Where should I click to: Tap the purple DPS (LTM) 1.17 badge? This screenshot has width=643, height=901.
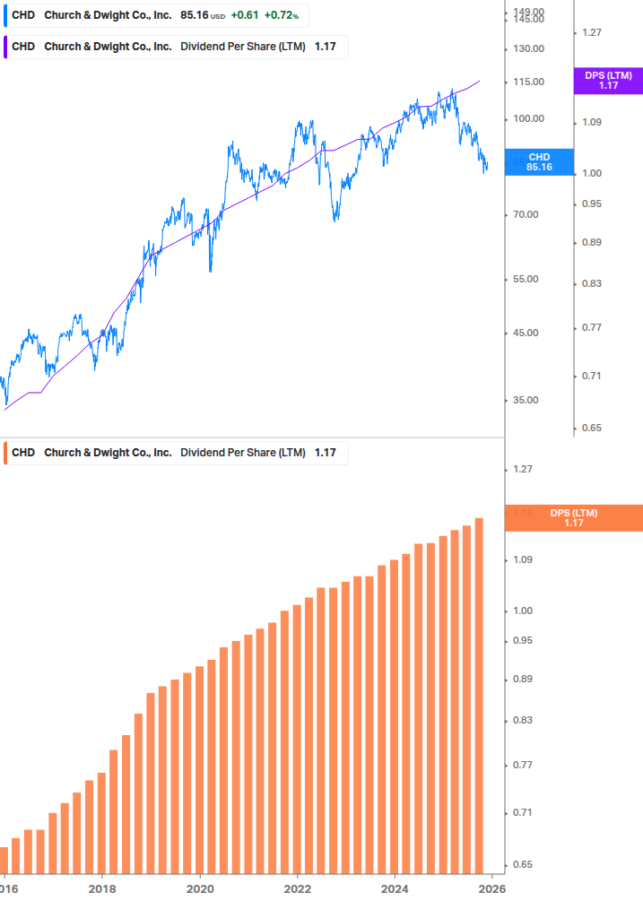[608, 81]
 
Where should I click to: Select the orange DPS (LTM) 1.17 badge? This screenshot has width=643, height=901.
[573, 518]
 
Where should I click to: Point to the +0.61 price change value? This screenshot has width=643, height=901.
[244, 16]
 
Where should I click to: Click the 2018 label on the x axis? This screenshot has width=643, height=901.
[102, 888]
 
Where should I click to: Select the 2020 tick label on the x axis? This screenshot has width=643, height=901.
[200, 888]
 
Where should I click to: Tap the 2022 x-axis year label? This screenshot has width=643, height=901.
[297, 888]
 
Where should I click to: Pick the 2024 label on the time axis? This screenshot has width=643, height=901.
[395, 888]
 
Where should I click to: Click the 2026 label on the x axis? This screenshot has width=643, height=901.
[491, 888]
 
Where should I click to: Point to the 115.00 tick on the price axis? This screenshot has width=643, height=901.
[529, 82]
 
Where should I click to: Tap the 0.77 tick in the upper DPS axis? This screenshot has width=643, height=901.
[591, 328]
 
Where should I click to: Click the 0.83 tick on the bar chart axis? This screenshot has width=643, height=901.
[522, 721]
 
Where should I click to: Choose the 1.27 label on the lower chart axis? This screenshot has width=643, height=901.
[522, 470]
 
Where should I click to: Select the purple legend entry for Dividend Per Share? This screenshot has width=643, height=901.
[175, 47]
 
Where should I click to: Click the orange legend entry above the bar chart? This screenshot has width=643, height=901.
[175, 453]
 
